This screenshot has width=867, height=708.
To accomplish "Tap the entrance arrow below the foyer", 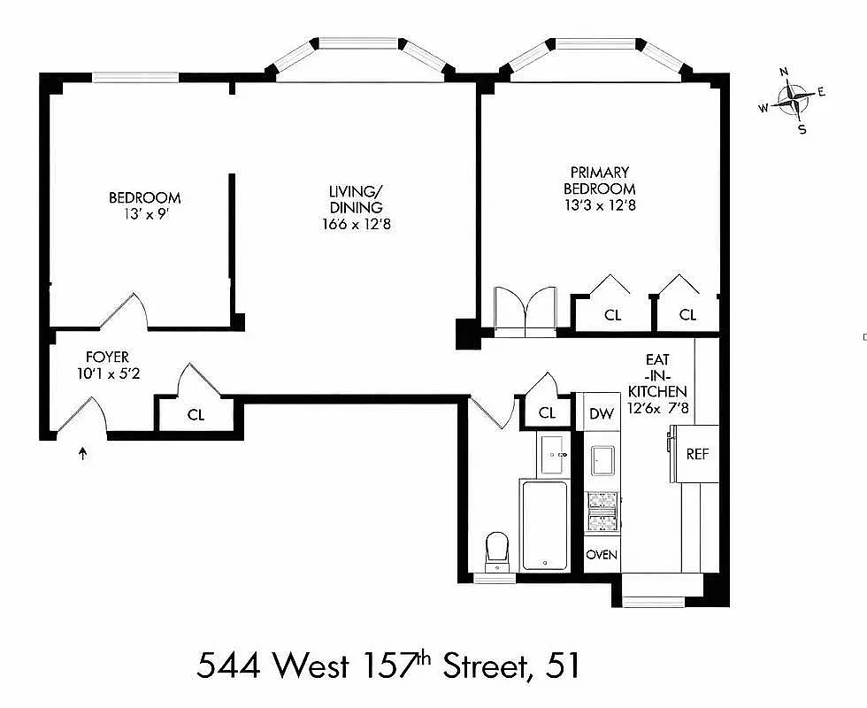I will pyautogui.click(x=84, y=454).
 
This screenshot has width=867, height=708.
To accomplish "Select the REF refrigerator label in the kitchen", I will pyautogui.click(x=698, y=454).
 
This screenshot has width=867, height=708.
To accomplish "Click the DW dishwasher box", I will pyautogui.click(x=602, y=413).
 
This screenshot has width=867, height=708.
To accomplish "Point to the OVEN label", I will pyautogui.click(x=602, y=555).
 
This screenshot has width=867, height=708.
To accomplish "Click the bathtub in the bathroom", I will pyautogui.click(x=544, y=525).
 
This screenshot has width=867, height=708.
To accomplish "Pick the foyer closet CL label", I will pyautogui.click(x=196, y=414).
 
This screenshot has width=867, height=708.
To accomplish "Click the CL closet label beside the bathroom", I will pyautogui.click(x=547, y=413).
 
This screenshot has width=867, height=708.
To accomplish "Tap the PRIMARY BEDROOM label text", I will pyautogui.click(x=599, y=180).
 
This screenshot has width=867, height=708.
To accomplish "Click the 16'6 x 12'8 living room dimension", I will pyautogui.click(x=357, y=224).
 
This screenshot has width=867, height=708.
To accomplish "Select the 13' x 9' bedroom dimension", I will pyautogui.click(x=144, y=214).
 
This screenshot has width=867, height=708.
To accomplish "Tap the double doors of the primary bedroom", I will pyautogui.click(x=525, y=312).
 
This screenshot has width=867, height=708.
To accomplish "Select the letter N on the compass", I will pyautogui.click(x=784, y=73).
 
